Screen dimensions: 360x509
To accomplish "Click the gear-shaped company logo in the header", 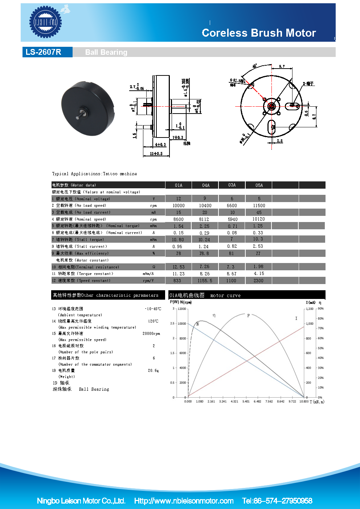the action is tap(46, 22).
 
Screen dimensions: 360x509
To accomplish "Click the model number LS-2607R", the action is tap(44, 52).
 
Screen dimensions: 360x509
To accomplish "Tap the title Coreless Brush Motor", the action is tap(259, 33).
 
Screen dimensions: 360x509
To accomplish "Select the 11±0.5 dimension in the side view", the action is tap(156, 154).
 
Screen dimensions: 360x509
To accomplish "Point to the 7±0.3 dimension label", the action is tap(178, 137).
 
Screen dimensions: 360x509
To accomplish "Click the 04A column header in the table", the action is tap(206, 185).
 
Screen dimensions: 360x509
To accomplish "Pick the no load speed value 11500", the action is tap(259, 206).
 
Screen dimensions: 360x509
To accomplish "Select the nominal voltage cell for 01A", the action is tap(179, 199).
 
